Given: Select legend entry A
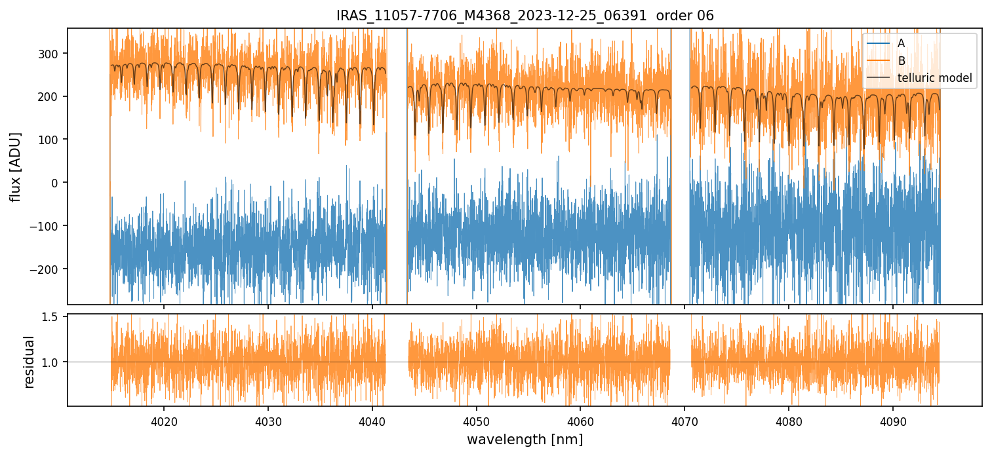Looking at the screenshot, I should pyautogui.click(x=902, y=43).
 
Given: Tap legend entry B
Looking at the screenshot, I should pyautogui.click(x=902, y=61).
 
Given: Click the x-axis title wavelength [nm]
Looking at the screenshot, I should pyautogui.click(x=525, y=439).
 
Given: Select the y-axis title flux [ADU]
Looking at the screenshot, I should pyautogui.click(x=14, y=166).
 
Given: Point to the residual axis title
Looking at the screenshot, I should pyautogui.click(x=29, y=362).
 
